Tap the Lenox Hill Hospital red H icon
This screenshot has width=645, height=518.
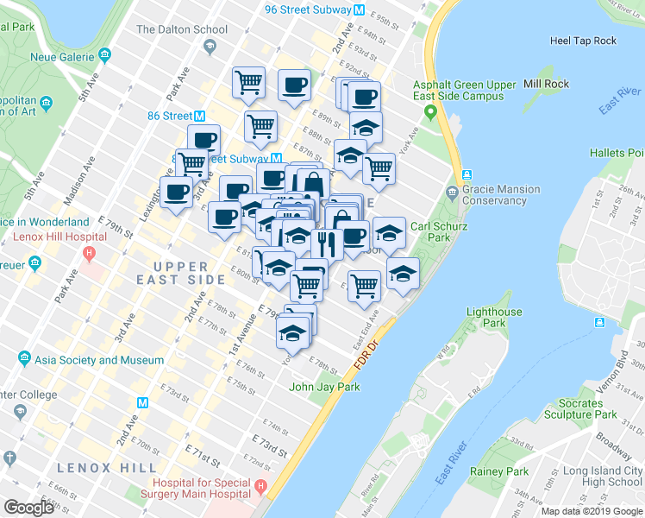click(x=88, y=254)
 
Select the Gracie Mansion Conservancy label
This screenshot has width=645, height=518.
click(x=501, y=194)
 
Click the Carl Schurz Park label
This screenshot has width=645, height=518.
click(x=431, y=231)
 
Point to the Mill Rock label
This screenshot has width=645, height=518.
click(x=546, y=84)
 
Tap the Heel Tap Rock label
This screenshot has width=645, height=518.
click(x=584, y=41)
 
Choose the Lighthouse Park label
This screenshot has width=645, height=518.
click(x=494, y=317)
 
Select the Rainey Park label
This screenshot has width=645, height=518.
click(x=499, y=471)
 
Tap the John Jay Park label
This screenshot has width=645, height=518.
click(x=324, y=387)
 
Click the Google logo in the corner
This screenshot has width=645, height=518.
click(x=29, y=508)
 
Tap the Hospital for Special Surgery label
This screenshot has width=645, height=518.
click(x=204, y=488)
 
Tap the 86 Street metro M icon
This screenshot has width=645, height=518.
click(x=199, y=116)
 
